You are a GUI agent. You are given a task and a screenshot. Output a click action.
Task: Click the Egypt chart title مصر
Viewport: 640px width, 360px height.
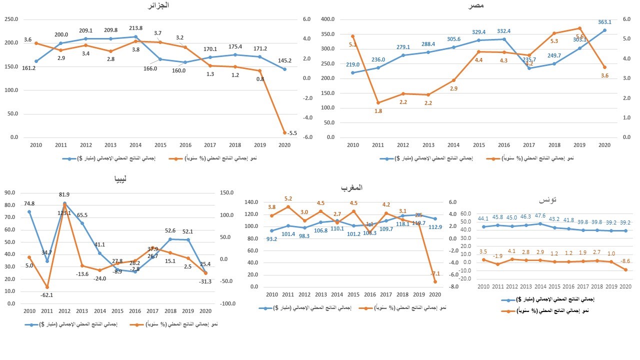(x=475, y=5)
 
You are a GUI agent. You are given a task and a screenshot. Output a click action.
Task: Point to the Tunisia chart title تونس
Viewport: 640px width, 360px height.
(x=547, y=200)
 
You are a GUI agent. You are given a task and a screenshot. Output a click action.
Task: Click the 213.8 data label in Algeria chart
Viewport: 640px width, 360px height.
(x=135, y=28)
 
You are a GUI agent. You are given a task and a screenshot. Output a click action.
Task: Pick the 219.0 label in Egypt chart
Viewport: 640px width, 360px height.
(x=353, y=65)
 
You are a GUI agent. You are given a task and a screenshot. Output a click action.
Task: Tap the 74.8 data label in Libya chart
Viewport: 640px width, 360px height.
(x=29, y=203)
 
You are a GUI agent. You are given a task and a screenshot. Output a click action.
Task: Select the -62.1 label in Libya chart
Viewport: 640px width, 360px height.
(x=47, y=295)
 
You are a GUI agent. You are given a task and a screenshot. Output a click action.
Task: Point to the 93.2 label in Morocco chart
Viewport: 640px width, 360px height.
(x=272, y=239)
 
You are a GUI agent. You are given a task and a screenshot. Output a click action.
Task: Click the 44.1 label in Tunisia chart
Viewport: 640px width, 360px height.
(x=483, y=218)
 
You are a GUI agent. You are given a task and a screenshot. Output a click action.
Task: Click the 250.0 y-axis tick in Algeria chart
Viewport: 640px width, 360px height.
(x=11, y=19)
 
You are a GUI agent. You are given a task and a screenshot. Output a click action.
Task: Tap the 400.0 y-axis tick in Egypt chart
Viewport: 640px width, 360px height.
(x=327, y=19)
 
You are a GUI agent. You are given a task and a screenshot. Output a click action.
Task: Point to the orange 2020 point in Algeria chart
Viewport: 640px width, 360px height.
(x=285, y=132)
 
